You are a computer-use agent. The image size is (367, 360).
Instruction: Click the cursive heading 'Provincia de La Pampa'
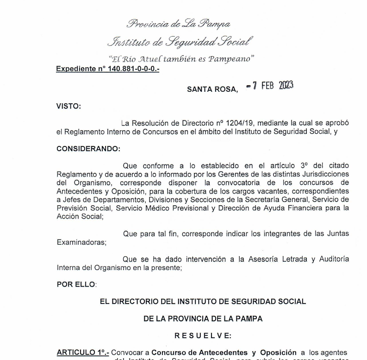tap(178, 24)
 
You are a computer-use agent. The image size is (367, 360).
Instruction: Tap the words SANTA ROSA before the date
tap(212, 89)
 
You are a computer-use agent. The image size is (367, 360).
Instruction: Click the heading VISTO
tap(68, 106)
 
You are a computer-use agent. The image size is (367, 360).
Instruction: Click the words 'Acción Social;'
tap(80, 216)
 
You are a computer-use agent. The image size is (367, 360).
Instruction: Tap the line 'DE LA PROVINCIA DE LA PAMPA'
tap(203, 318)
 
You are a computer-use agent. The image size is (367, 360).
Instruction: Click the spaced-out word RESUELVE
tap(203, 335)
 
